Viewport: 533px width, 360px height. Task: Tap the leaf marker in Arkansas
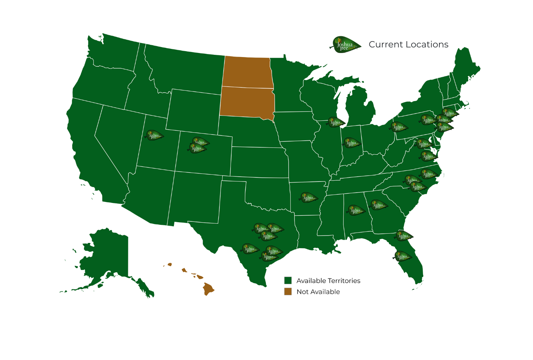click(x=309, y=198)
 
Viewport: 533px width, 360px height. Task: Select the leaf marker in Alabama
click(x=356, y=210)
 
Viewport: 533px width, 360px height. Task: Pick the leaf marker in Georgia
click(x=378, y=205)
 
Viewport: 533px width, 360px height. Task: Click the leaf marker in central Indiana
click(x=351, y=143)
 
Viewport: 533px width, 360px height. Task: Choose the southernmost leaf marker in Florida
click(x=402, y=256)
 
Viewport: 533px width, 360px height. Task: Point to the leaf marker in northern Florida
click(x=404, y=235)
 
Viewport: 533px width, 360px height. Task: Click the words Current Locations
click(x=408, y=44)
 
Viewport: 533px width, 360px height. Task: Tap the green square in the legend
click(x=288, y=280)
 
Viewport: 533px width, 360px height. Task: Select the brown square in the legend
click(x=288, y=291)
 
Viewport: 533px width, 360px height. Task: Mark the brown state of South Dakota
click(x=247, y=102)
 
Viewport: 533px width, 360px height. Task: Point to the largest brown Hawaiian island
click(x=209, y=289)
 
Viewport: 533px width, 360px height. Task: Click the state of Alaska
click(x=107, y=256)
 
